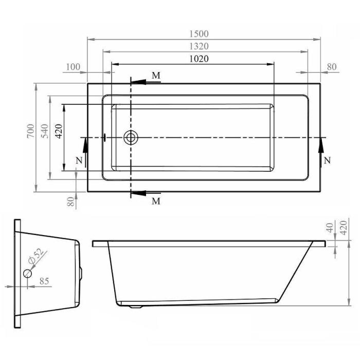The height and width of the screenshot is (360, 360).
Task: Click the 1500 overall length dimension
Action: tap(199, 34)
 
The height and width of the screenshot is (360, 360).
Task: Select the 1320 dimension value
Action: tap(199, 46)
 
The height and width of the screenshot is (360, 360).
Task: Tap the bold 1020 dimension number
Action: tap(199, 59)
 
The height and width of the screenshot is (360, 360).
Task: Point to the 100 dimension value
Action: tap(73, 67)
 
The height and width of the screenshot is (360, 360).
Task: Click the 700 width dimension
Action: tap(30, 131)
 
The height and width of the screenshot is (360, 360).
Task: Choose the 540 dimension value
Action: tap(45, 131)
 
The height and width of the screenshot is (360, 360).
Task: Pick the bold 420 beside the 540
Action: tap(59, 131)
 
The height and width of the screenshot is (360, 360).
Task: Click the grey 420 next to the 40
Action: tap(343, 227)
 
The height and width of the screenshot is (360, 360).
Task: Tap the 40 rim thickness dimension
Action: tap(330, 228)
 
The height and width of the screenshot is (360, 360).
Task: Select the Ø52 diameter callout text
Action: tap(35, 256)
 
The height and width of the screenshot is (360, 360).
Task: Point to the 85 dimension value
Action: tap(44, 281)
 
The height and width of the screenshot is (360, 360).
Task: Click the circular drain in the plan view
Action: tap(131, 137)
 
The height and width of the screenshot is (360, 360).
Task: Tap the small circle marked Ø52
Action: tap(28, 274)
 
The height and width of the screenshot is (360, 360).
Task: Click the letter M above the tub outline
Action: tap(156, 75)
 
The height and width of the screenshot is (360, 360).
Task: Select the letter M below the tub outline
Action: tap(156, 201)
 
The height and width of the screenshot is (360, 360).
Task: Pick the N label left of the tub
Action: tap(79, 160)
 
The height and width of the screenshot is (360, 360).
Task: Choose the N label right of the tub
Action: tap(327, 160)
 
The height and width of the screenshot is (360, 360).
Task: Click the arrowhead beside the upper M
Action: tap(138, 82)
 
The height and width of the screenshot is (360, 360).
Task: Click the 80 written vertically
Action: tap(71, 202)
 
